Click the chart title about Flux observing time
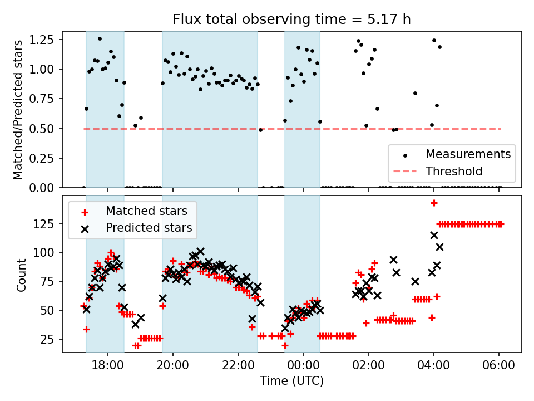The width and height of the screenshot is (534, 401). tap(292, 20)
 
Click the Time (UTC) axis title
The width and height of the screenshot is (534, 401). tap(292, 382)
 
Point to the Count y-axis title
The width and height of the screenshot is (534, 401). tap(22, 275)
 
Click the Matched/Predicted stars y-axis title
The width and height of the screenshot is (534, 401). tap(18, 110)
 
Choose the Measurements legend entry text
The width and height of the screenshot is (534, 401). tap(468, 154)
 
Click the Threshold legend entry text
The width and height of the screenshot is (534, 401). tap(454, 170)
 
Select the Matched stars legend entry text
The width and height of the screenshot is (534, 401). tap(146, 211)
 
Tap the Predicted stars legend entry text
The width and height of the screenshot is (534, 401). tap(149, 227)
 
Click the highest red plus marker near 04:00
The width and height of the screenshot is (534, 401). tap(434, 203)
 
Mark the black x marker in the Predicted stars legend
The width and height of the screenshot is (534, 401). tap(84, 228)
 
